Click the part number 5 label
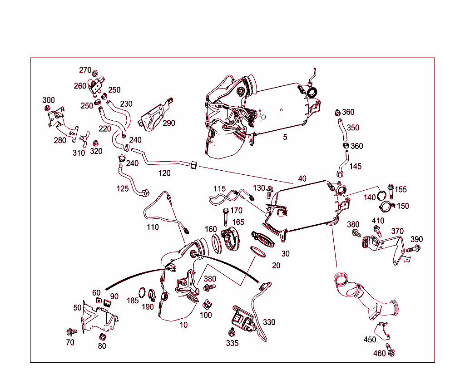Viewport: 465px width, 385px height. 285,137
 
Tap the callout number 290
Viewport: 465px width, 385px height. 168,123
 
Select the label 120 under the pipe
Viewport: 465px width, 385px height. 164,173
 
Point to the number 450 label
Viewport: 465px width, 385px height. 370,340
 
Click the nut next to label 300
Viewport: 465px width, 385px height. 47,108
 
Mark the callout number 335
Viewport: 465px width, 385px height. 232,343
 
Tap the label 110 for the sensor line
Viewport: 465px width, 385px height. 153,227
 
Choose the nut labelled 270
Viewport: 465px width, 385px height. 95,74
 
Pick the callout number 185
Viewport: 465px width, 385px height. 133,301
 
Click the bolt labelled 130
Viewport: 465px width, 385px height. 270,191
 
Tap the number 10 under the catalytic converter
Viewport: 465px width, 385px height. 183,325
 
